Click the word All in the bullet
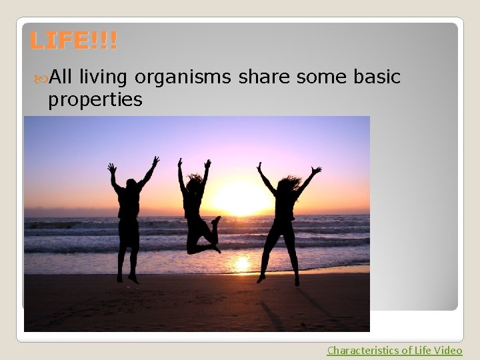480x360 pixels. [x=62, y=78]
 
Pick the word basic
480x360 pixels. [x=375, y=78]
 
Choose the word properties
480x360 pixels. [x=95, y=100]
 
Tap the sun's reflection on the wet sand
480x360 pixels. [x=241, y=264]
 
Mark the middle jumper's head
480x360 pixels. [x=194, y=182]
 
